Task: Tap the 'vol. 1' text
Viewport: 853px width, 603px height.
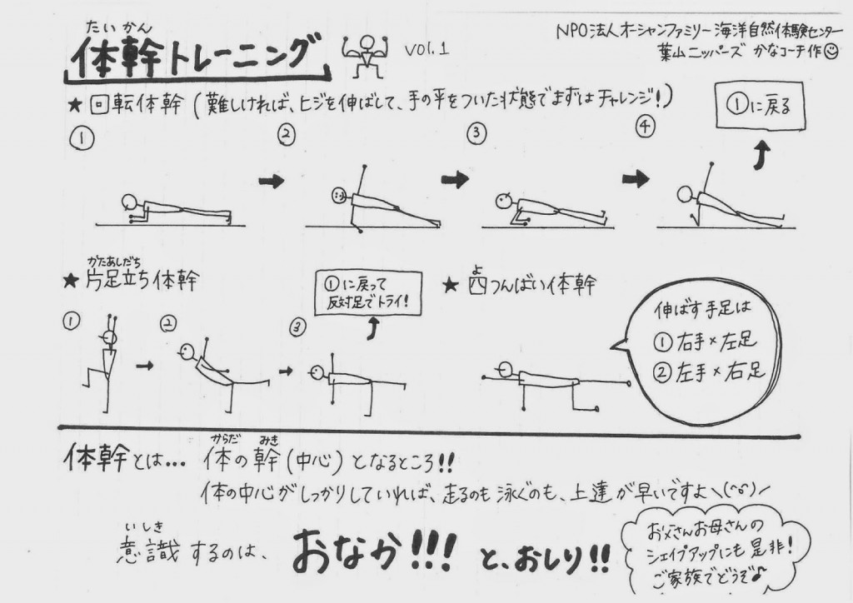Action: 427,49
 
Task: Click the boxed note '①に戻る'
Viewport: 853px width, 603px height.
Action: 760,106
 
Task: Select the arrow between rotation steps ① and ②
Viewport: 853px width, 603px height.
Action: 272,181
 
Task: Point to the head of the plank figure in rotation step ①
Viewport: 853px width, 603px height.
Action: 129,202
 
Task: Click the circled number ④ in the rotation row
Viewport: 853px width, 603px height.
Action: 645,126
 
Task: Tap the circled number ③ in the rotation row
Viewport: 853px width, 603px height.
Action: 476,133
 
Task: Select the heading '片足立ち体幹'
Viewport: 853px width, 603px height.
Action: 142,281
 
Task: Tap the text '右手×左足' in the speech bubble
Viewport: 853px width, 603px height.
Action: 716,341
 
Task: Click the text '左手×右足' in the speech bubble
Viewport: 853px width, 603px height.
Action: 720,372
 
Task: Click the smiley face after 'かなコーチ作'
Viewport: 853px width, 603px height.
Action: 831,52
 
